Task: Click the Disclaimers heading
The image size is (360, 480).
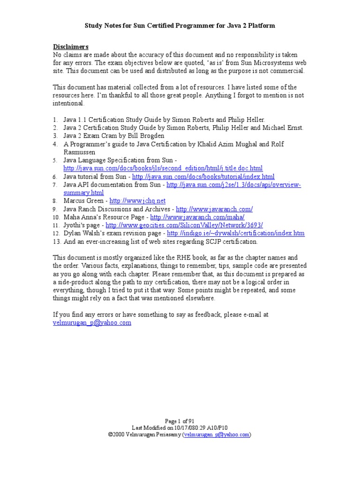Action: pos(70,47)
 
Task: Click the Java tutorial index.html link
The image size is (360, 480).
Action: pos(203,177)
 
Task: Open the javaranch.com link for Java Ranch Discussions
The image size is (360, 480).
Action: pos(214,209)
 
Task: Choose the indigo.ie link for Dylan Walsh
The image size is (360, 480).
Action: pos(235,233)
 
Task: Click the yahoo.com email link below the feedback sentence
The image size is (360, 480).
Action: pos(92,323)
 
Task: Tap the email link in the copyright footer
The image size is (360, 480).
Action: pos(217,435)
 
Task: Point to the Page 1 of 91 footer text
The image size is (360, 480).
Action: pos(180,421)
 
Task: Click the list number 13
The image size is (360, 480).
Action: pos(55,241)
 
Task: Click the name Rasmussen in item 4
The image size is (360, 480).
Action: pos(79,152)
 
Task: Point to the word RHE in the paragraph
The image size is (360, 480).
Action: pos(170,257)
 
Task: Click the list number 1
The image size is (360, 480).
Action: pos(55,120)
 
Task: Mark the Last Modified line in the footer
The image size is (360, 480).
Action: pos(180,427)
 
